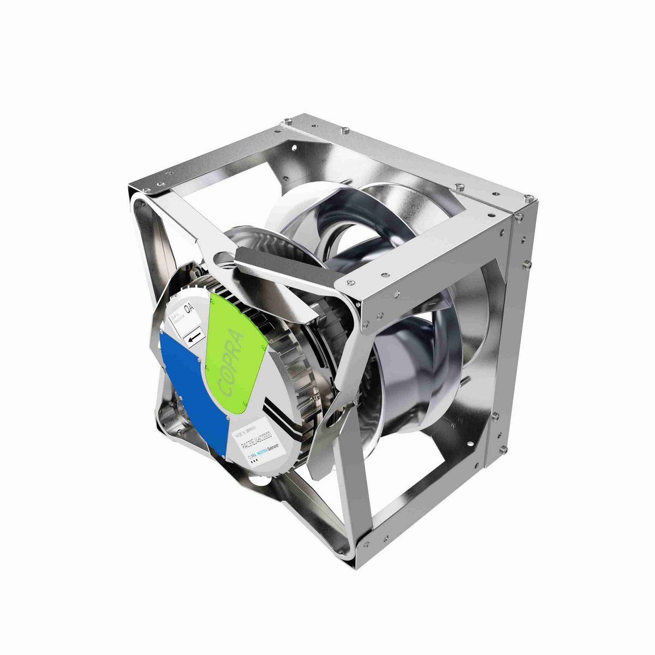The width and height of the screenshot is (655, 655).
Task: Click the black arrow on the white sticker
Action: click(x=192, y=340)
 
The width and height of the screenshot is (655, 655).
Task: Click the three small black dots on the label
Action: click(x=253, y=462)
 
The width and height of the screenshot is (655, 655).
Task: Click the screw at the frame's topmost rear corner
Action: click(x=344, y=130)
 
